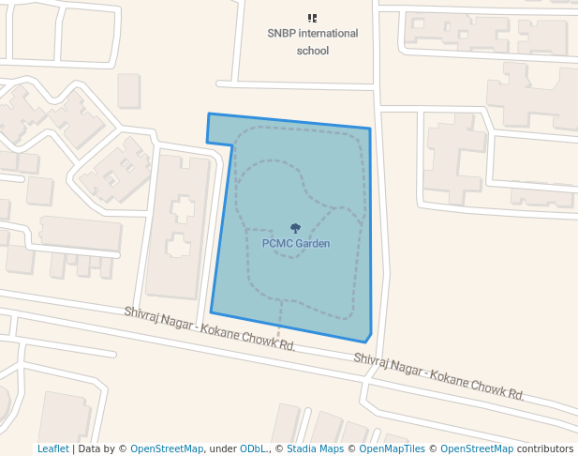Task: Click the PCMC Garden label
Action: [x=295, y=243]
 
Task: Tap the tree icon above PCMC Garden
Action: [x=295, y=228]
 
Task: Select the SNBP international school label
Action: [x=312, y=41]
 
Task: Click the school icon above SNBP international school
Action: [x=312, y=18]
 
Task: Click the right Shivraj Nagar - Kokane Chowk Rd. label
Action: [x=438, y=374]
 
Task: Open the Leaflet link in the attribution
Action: [x=52, y=449]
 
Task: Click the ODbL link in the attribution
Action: [x=253, y=449]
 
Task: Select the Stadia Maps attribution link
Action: [x=315, y=449]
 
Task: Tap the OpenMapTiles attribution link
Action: [x=390, y=449]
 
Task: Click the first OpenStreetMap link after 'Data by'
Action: [x=167, y=449]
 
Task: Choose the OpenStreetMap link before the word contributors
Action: [x=476, y=449]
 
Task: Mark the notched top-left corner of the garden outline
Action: [x=208, y=114]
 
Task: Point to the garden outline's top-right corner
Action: [x=370, y=129]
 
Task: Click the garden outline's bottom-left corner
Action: [x=211, y=312]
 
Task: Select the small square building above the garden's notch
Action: [x=128, y=90]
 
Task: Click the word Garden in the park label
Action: [x=312, y=243]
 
